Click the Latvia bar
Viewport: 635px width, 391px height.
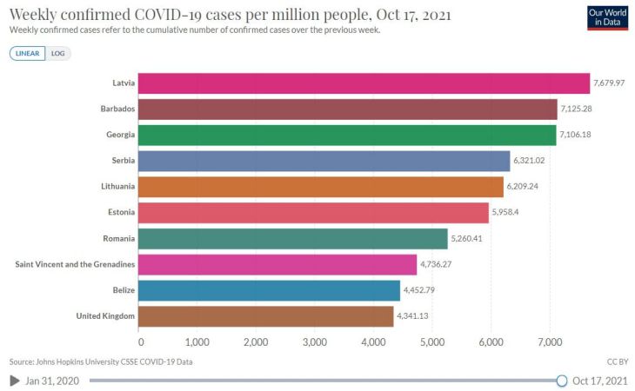(364, 83)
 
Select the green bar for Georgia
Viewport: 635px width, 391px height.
(347, 135)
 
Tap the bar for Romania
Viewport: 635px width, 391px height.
(292, 238)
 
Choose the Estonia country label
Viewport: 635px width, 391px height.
(120, 213)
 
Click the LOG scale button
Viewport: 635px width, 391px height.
(58, 53)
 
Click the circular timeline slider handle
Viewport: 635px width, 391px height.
(561, 381)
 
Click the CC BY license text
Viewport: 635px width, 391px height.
(617, 361)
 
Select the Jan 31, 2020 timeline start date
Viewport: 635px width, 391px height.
(53, 381)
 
